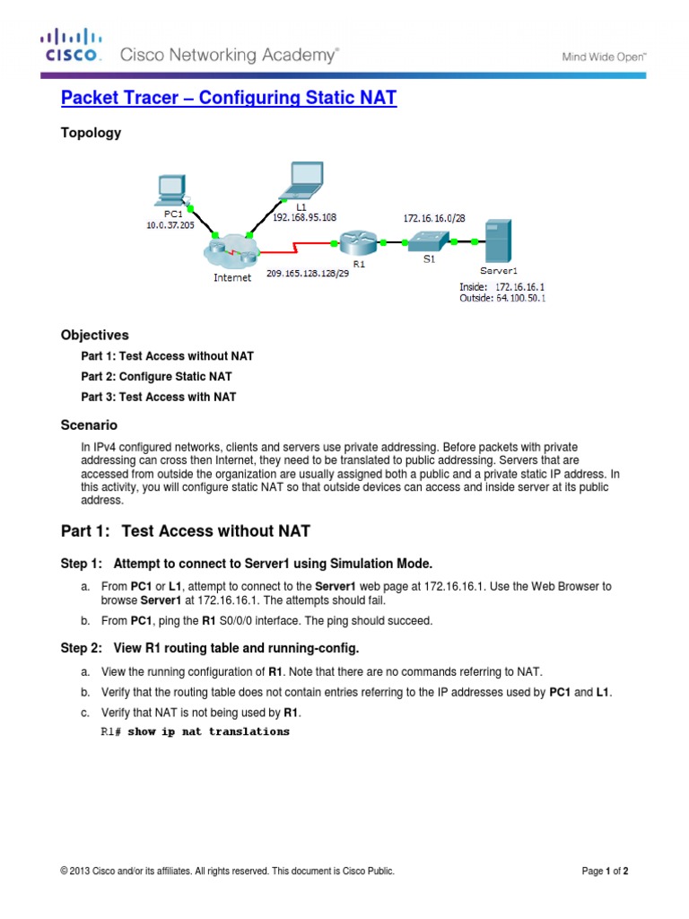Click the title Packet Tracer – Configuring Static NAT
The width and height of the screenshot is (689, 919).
pyautogui.click(x=228, y=98)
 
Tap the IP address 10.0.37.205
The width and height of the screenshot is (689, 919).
pyautogui.click(x=170, y=225)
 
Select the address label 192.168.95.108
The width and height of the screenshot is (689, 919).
pyautogui.click(x=304, y=216)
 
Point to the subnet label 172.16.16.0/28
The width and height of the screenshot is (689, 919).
pyautogui.click(x=434, y=217)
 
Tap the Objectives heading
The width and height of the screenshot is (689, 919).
pyautogui.click(x=94, y=335)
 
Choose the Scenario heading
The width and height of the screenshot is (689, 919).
pyautogui.click(x=89, y=424)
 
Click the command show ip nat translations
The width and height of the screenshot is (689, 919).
pyautogui.click(x=208, y=731)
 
